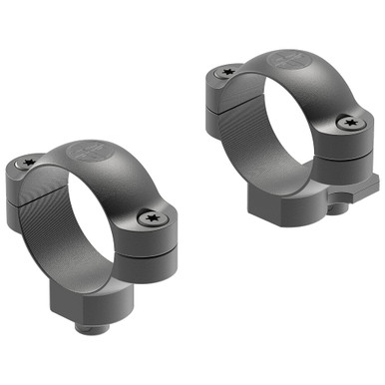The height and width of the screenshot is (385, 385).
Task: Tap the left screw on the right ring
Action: [226, 72]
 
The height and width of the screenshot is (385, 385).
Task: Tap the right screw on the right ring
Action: [347, 123]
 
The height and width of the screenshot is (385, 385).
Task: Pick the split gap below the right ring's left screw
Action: [227, 95]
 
